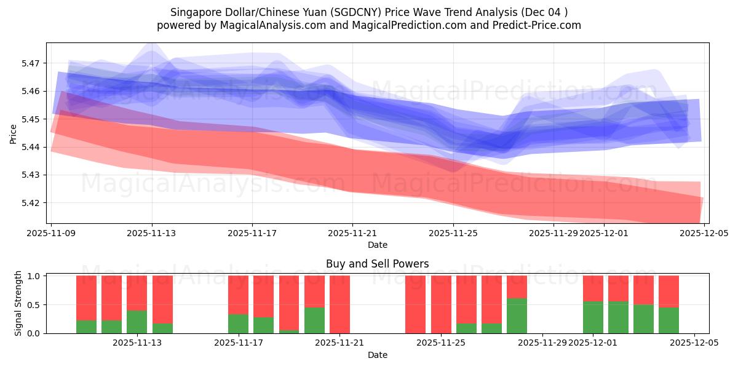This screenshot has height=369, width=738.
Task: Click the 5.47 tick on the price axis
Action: point(32,63)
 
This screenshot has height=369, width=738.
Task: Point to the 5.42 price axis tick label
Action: point(32,203)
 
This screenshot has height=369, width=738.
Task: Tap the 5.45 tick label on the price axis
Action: point(32,119)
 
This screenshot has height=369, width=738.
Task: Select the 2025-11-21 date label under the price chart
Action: point(352,234)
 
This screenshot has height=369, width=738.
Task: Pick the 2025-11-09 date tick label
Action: point(52,234)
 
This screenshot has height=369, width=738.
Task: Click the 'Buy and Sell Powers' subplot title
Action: point(377,264)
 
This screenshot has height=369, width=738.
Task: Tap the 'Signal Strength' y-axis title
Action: point(18,303)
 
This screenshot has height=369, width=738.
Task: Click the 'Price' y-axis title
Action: point(14,133)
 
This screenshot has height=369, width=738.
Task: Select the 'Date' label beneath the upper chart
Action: point(377,245)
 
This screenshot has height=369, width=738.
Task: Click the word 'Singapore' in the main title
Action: point(190,12)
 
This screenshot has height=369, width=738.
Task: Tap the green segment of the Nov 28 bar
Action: point(517,315)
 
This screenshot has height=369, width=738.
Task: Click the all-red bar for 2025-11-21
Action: point(339,304)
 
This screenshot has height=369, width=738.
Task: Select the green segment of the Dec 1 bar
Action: point(593,317)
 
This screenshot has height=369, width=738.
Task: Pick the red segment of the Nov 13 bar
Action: point(137,293)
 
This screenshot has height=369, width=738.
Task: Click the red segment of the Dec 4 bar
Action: point(669,291)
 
